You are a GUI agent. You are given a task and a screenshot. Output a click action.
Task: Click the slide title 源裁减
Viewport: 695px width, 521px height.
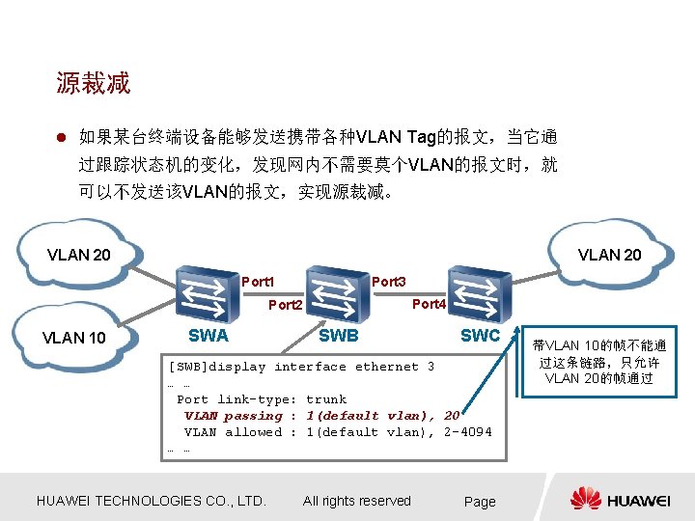(x=94, y=84)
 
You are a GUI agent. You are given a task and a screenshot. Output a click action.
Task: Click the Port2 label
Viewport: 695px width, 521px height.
(x=286, y=305)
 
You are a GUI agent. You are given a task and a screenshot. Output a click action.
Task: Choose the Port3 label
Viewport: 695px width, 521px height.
(x=389, y=282)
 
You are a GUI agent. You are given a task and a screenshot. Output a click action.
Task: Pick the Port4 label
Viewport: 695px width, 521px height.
(x=429, y=304)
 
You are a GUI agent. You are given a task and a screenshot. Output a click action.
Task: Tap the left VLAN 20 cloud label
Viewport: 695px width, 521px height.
(x=79, y=255)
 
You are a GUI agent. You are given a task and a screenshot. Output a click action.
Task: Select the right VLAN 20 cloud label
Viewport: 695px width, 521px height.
(x=609, y=255)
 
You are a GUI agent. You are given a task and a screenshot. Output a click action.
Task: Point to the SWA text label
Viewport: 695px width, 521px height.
(x=208, y=335)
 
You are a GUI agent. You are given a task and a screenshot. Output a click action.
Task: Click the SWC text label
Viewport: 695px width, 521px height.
(x=480, y=335)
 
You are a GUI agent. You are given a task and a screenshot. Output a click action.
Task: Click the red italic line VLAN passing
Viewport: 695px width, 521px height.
(x=321, y=416)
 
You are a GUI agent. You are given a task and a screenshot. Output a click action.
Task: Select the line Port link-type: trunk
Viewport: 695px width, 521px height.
(x=262, y=399)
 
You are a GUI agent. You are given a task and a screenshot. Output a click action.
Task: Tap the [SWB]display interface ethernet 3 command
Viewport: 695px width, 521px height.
(x=301, y=367)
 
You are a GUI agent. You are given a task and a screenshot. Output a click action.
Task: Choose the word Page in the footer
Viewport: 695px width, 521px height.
(x=480, y=502)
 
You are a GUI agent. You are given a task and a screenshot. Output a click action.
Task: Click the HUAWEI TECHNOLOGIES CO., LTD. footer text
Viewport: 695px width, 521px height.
(x=151, y=501)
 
